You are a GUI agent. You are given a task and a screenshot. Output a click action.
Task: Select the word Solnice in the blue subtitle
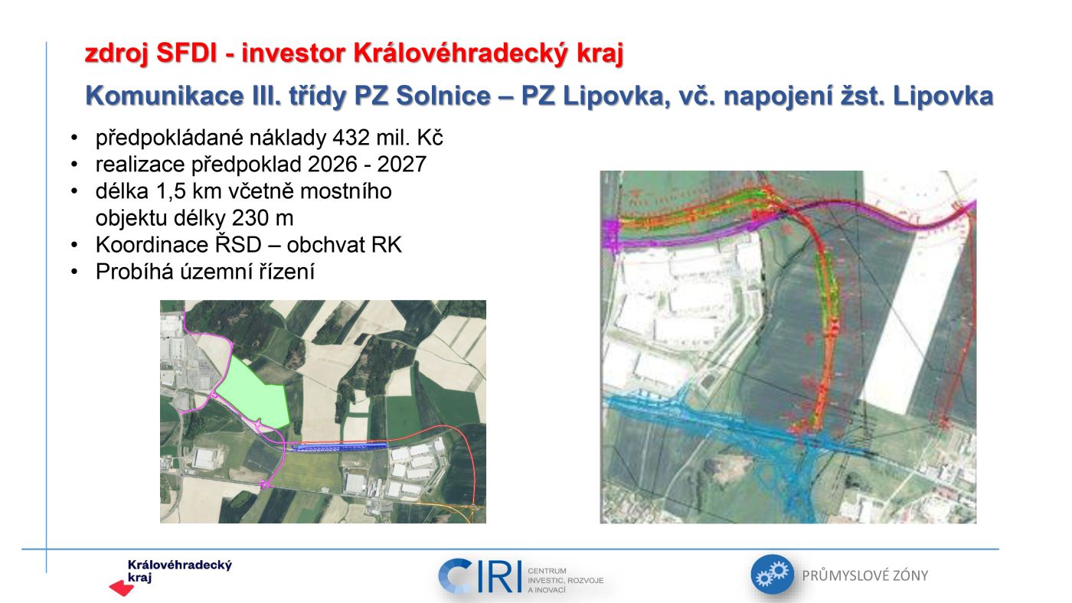click(443, 96)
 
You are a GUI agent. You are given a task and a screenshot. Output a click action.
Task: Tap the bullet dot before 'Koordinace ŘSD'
click(74, 246)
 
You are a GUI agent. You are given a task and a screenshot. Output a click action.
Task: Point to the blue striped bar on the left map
click(340, 447)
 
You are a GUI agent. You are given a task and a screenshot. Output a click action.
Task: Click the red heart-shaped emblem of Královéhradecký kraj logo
click(122, 588)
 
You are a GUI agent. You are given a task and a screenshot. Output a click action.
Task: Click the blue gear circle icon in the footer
click(772, 575)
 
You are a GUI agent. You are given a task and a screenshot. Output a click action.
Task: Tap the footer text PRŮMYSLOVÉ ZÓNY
click(865, 575)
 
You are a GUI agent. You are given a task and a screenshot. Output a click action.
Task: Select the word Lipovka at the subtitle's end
click(943, 96)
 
